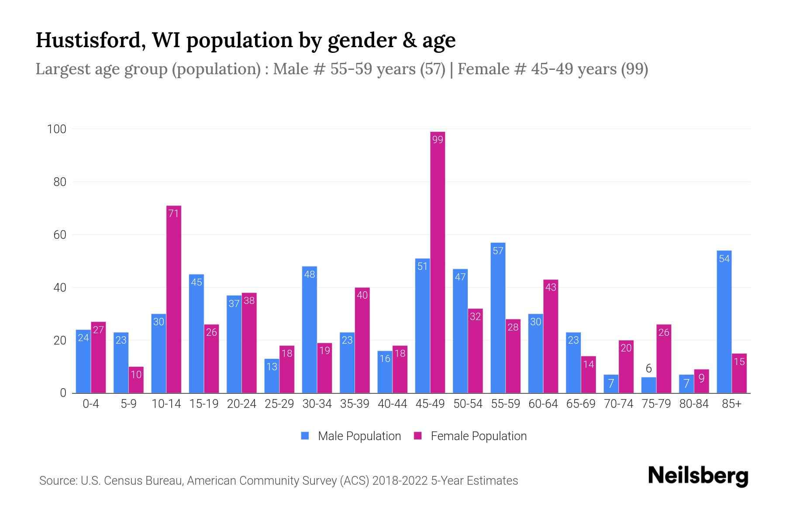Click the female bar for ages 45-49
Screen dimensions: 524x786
[438, 262]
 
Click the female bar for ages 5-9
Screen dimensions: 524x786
[136, 380]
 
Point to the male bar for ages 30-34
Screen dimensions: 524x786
[309, 330]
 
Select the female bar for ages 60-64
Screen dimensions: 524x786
[551, 336]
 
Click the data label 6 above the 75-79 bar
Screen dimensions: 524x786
[648, 369]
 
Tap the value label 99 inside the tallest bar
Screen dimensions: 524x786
[438, 140]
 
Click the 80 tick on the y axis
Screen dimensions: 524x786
[60, 182]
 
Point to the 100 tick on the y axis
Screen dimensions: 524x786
[57, 129]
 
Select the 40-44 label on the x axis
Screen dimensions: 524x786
[392, 404]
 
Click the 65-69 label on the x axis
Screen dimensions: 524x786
[581, 404]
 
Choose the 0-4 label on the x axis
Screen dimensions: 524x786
[91, 404]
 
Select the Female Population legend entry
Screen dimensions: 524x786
[470, 436]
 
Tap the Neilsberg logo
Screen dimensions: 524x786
[698, 476]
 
